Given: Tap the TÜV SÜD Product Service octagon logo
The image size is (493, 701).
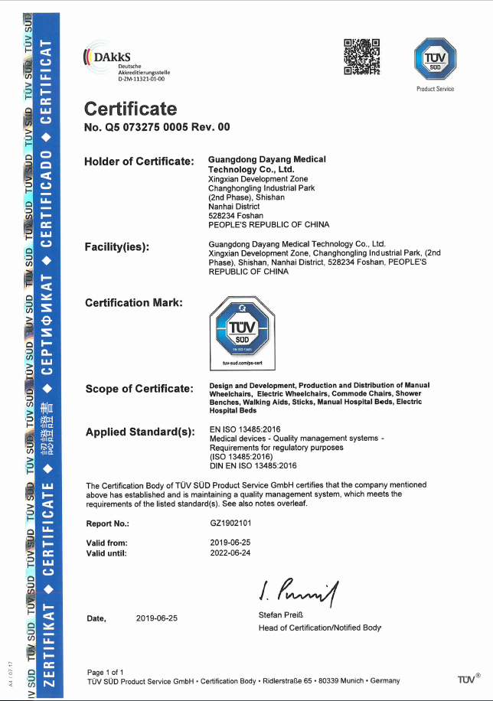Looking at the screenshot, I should pyautogui.click(x=435, y=59).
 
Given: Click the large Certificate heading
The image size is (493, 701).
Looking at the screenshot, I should pyautogui.click(x=130, y=109).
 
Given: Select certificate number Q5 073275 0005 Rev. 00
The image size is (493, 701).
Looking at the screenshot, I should pyautogui.click(x=157, y=127).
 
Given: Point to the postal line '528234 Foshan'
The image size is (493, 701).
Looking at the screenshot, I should pyautogui.click(x=232, y=216).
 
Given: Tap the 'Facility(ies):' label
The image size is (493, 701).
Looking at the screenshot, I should pyautogui.click(x=117, y=246).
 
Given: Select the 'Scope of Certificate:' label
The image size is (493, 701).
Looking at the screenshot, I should pyautogui.click(x=139, y=389).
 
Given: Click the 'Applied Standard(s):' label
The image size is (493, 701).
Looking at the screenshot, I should pyautogui.click(x=140, y=432).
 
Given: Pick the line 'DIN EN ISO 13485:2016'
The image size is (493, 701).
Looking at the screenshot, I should pyautogui.click(x=253, y=465).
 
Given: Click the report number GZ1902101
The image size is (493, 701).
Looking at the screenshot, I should pyautogui.click(x=230, y=523).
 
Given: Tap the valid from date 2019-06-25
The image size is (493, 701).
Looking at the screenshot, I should pyautogui.click(x=230, y=542).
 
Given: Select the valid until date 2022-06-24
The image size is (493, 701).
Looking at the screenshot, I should pyautogui.click(x=230, y=553).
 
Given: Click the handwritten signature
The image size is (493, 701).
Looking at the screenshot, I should pyautogui.click(x=299, y=590).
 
